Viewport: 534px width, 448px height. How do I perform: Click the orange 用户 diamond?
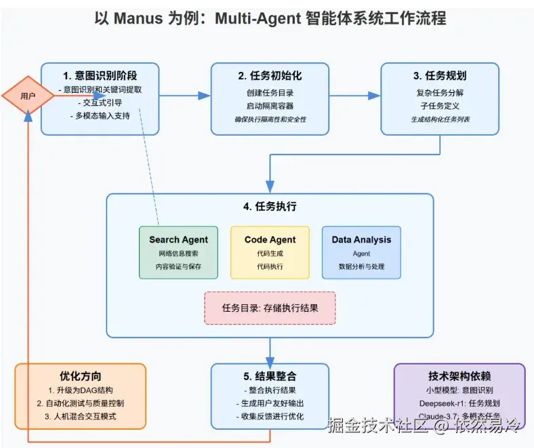click(x=28, y=96)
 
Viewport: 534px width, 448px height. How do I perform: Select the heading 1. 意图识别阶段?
click(x=100, y=75)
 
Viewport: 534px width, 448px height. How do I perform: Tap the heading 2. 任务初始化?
click(x=270, y=75)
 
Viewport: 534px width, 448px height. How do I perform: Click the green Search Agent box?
click(x=178, y=252)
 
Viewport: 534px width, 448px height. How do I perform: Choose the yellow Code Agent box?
click(x=270, y=252)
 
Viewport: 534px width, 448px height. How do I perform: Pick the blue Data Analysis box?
click(x=361, y=252)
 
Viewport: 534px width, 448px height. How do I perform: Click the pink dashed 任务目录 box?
click(x=270, y=308)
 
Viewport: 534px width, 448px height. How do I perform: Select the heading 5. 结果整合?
click(x=270, y=375)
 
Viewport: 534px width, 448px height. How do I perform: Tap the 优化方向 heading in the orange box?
click(x=80, y=375)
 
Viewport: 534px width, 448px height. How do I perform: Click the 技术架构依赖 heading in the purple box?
click(x=459, y=375)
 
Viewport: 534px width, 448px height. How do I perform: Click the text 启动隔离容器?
click(x=270, y=106)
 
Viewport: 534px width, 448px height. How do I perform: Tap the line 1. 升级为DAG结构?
click(x=80, y=390)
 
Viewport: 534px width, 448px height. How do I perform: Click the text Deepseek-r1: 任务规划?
click(x=459, y=403)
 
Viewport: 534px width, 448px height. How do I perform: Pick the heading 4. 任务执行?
click(x=270, y=206)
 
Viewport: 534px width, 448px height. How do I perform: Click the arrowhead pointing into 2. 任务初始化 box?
click(x=205, y=96)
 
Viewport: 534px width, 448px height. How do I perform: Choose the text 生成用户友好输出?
click(x=270, y=403)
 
